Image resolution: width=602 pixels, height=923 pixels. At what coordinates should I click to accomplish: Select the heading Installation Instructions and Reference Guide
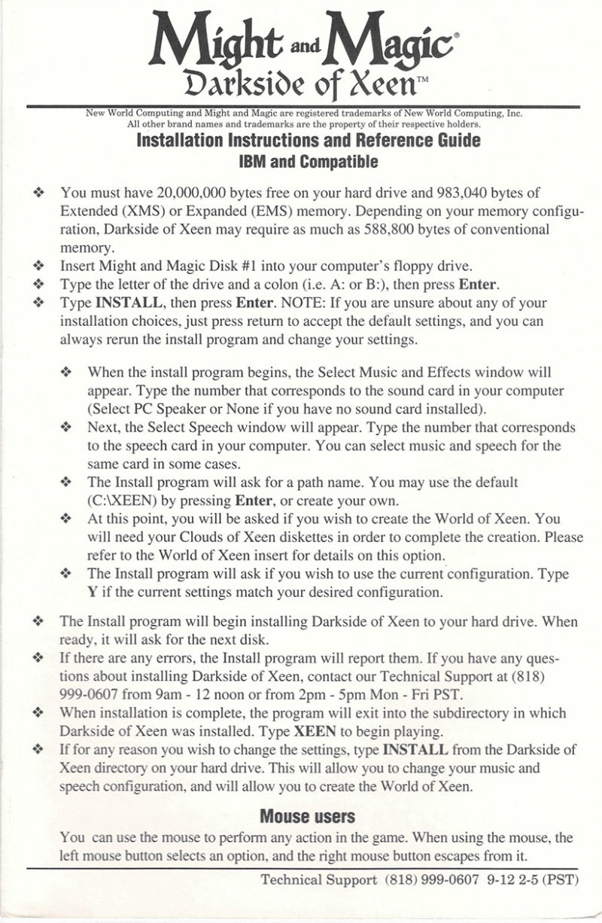point(308,141)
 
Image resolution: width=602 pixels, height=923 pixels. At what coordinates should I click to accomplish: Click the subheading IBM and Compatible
point(308,162)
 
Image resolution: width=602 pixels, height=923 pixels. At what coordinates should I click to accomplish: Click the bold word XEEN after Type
point(314,731)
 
